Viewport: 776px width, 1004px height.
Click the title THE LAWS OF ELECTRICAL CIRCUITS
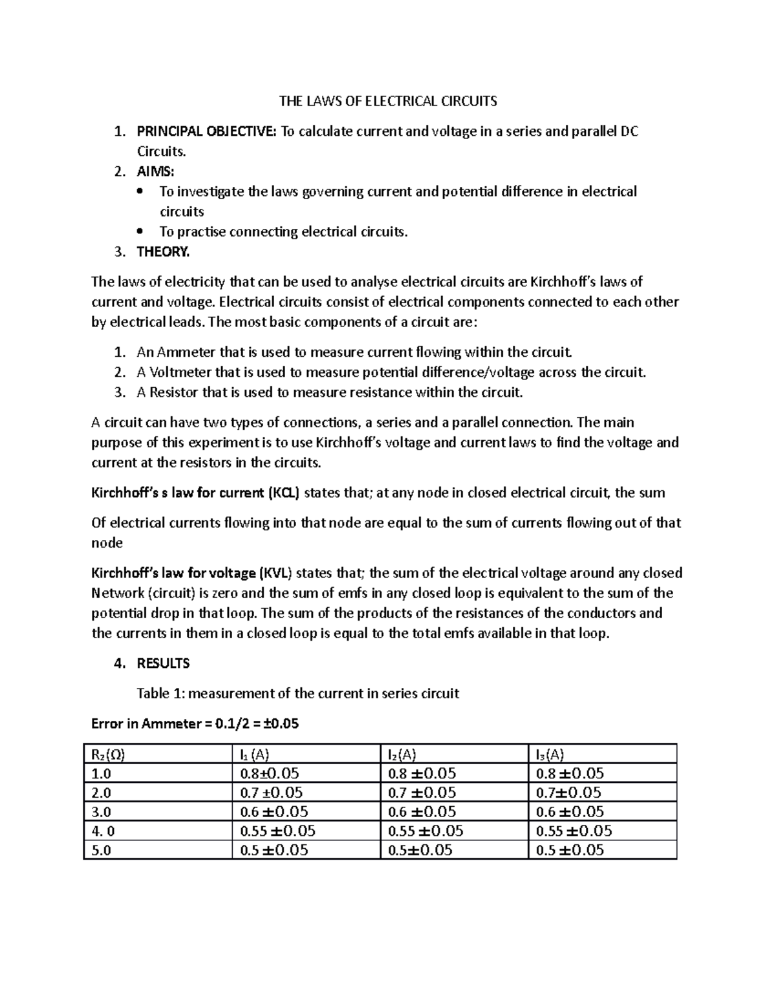tap(387, 101)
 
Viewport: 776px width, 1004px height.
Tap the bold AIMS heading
tap(155, 171)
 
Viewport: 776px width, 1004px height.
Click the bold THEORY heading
tap(163, 251)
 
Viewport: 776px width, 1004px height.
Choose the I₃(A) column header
tap(550, 754)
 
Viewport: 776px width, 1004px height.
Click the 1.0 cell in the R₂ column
tap(102, 773)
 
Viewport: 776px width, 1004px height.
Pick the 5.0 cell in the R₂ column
tap(102, 850)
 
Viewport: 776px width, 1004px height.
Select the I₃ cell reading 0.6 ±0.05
tap(570, 811)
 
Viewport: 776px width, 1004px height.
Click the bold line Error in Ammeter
tap(195, 723)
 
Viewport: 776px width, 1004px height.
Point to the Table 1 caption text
tap(297, 694)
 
